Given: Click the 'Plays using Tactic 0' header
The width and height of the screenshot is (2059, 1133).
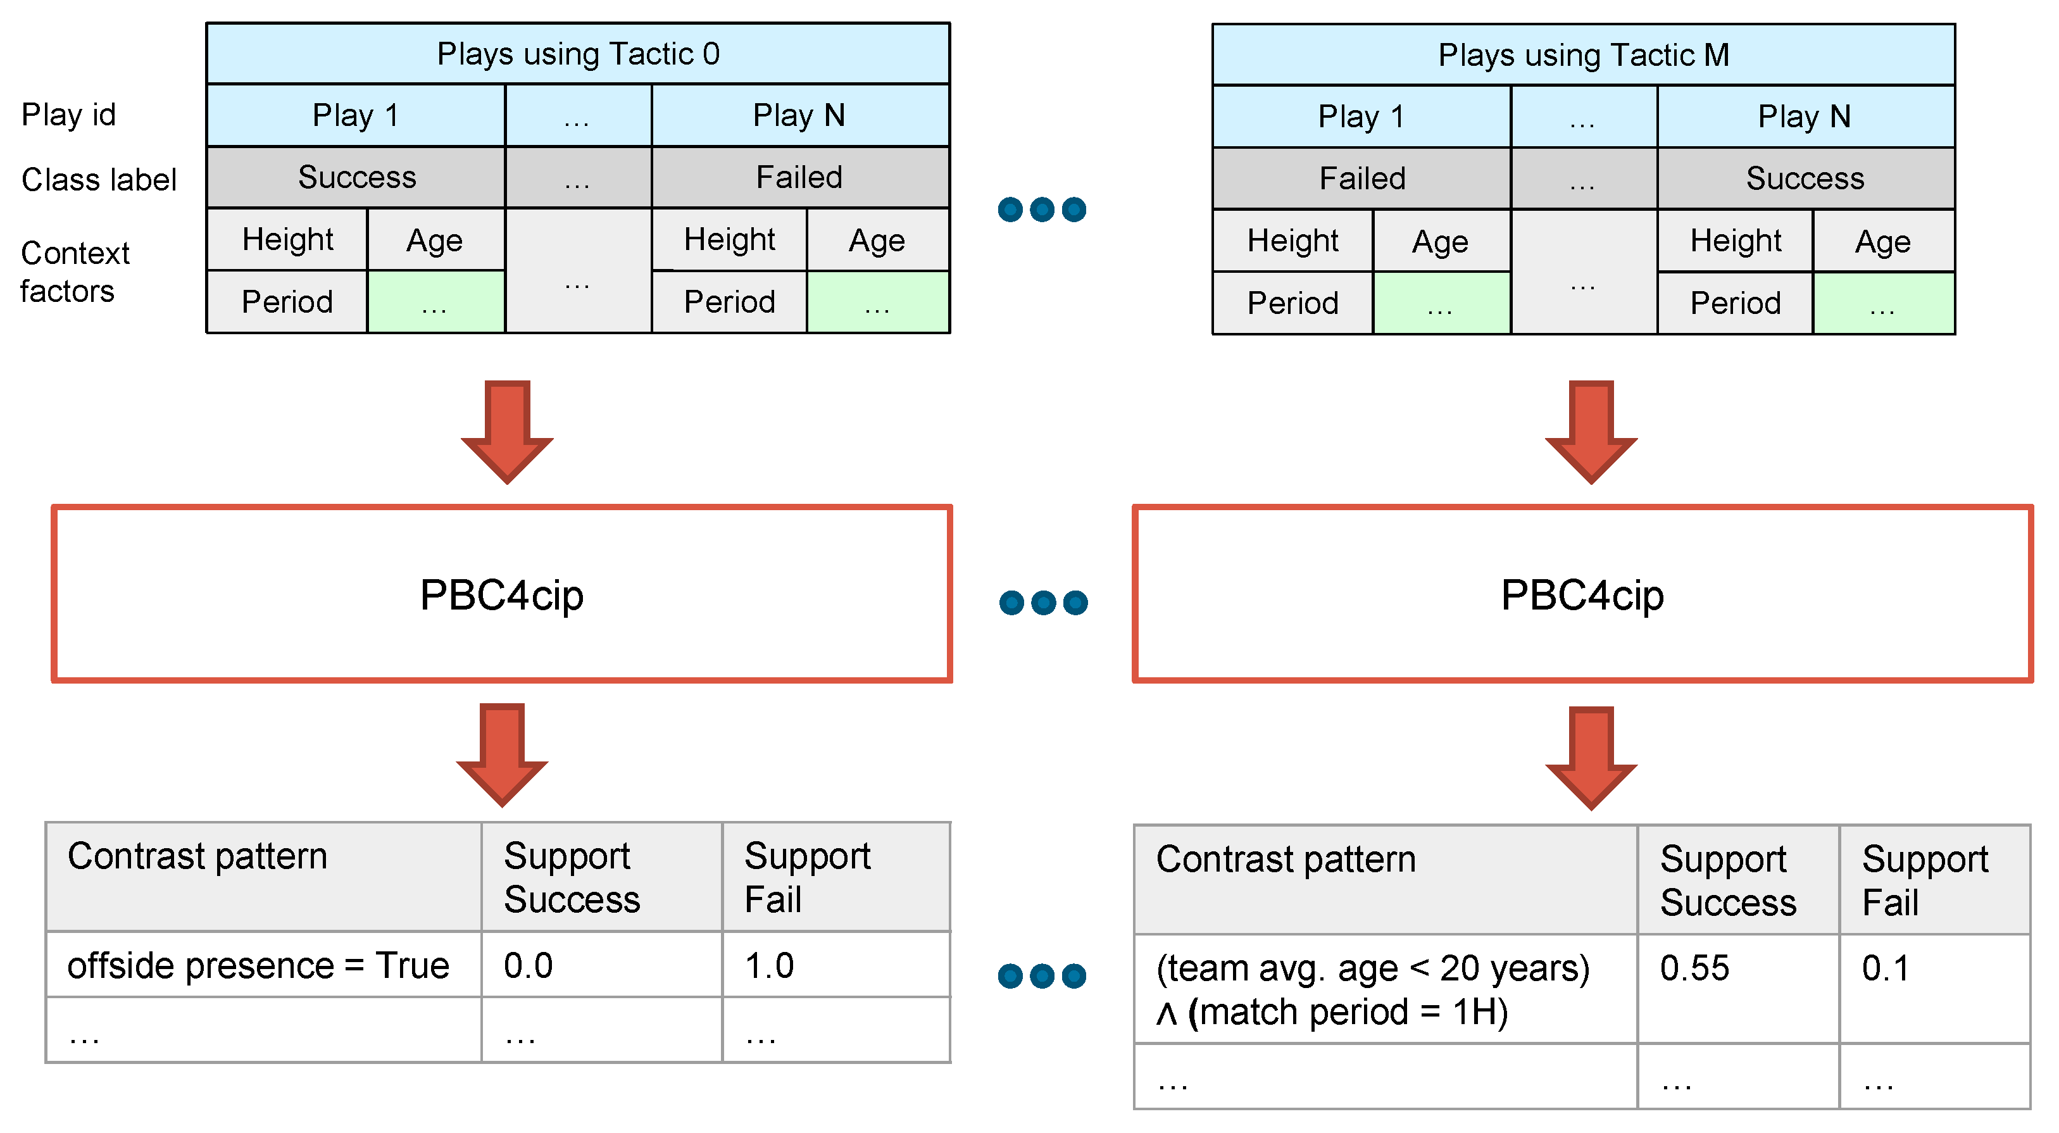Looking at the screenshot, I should point(578,54).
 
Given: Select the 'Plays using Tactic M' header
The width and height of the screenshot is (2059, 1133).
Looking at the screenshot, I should point(1584,55).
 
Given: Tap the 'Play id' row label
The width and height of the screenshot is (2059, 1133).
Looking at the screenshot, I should point(69,115).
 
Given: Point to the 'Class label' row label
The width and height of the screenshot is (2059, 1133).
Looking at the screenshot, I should point(98,179).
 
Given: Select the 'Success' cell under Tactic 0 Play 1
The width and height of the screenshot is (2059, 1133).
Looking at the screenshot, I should point(356,177).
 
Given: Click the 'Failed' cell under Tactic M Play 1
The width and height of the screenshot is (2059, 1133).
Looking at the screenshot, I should point(1362,178).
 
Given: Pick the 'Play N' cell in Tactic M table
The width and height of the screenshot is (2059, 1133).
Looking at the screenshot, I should point(1805,116).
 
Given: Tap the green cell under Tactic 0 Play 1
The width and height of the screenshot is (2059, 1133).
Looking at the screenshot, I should point(435,303).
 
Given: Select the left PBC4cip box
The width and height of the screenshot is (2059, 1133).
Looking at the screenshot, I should point(502,594).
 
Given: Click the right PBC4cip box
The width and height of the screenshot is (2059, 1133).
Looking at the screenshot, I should point(1582,594).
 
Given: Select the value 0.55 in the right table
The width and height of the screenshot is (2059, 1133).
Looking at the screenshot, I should point(1694,968).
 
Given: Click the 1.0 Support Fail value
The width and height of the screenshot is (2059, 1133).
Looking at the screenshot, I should point(769,965).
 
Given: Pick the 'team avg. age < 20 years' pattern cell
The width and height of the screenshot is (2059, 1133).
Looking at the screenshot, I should point(1372,990).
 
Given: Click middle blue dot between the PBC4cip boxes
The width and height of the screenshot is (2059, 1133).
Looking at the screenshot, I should point(1043,602).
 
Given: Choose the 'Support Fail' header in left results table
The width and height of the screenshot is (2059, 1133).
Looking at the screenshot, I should point(807,877).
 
